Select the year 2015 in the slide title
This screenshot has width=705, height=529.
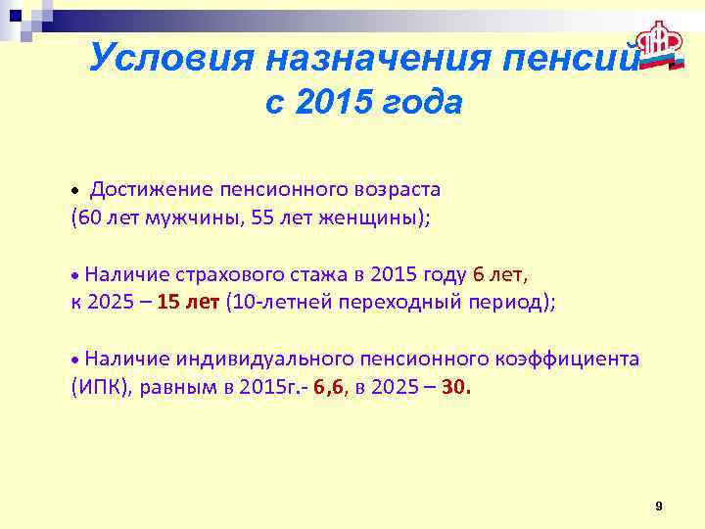click(x=333, y=101)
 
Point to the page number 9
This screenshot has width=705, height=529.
click(x=658, y=505)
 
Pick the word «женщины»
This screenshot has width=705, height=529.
click(x=370, y=216)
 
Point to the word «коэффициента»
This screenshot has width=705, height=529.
click(x=578, y=359)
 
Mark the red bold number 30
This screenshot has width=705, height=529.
click(x=455, y=387)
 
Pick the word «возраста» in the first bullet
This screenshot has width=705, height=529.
click(x=399, y=188)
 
